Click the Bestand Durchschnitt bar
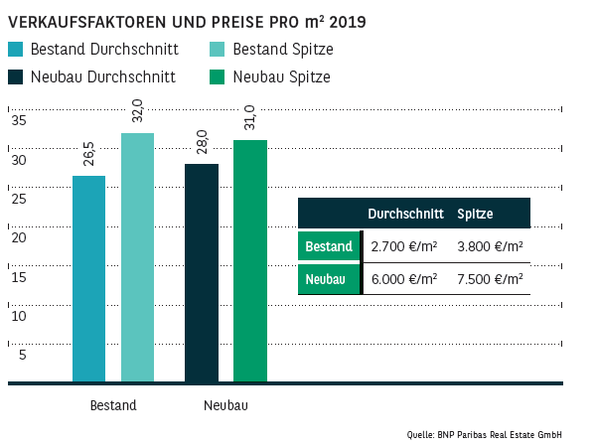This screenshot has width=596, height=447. point(88,279)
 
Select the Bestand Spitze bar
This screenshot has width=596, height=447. point(137,257)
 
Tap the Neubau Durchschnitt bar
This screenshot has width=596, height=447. point(202,273)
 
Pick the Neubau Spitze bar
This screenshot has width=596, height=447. point(250,261)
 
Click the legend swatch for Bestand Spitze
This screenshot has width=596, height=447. point(218,50)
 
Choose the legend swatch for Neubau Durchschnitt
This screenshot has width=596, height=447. point(15,76)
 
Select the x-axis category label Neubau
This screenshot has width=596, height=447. point(225,405)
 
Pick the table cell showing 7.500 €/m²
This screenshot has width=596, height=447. point(490,279)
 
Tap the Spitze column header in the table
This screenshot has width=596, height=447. point(475,214)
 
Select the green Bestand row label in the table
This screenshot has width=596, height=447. point(328,246)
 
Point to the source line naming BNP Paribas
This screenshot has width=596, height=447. point(499,434)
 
